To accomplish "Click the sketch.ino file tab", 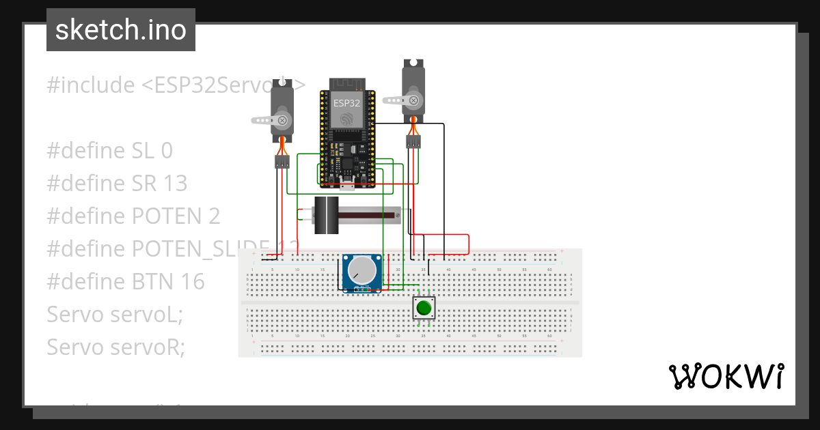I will point(121,30).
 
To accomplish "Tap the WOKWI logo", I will point(725,376).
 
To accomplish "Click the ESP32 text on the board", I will point(346,103).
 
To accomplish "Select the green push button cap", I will point(424,308).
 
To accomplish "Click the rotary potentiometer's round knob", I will point(362,272).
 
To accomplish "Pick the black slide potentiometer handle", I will point(327,216).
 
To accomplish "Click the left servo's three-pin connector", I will point(282,162).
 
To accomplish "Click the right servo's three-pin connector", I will point(413,142).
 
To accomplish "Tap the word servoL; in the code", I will point(146,314).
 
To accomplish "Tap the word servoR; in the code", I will point(147,347).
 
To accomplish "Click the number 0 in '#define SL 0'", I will point(167,150).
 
